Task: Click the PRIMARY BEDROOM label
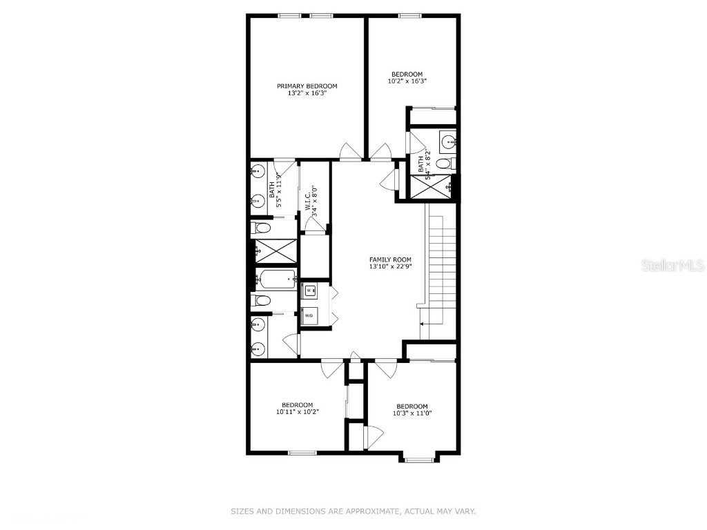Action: tap(307, 86)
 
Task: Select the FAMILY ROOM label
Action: tap(390, 259)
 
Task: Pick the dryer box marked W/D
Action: tap(309, 315)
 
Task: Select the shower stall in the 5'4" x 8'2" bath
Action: tap(432, 185)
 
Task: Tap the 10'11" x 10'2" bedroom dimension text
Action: tap(297, 412)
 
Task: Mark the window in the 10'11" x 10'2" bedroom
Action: tap(302, 453)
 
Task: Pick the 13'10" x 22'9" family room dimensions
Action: tap(390, 267)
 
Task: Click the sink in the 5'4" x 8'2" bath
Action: tap(449, 143)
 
